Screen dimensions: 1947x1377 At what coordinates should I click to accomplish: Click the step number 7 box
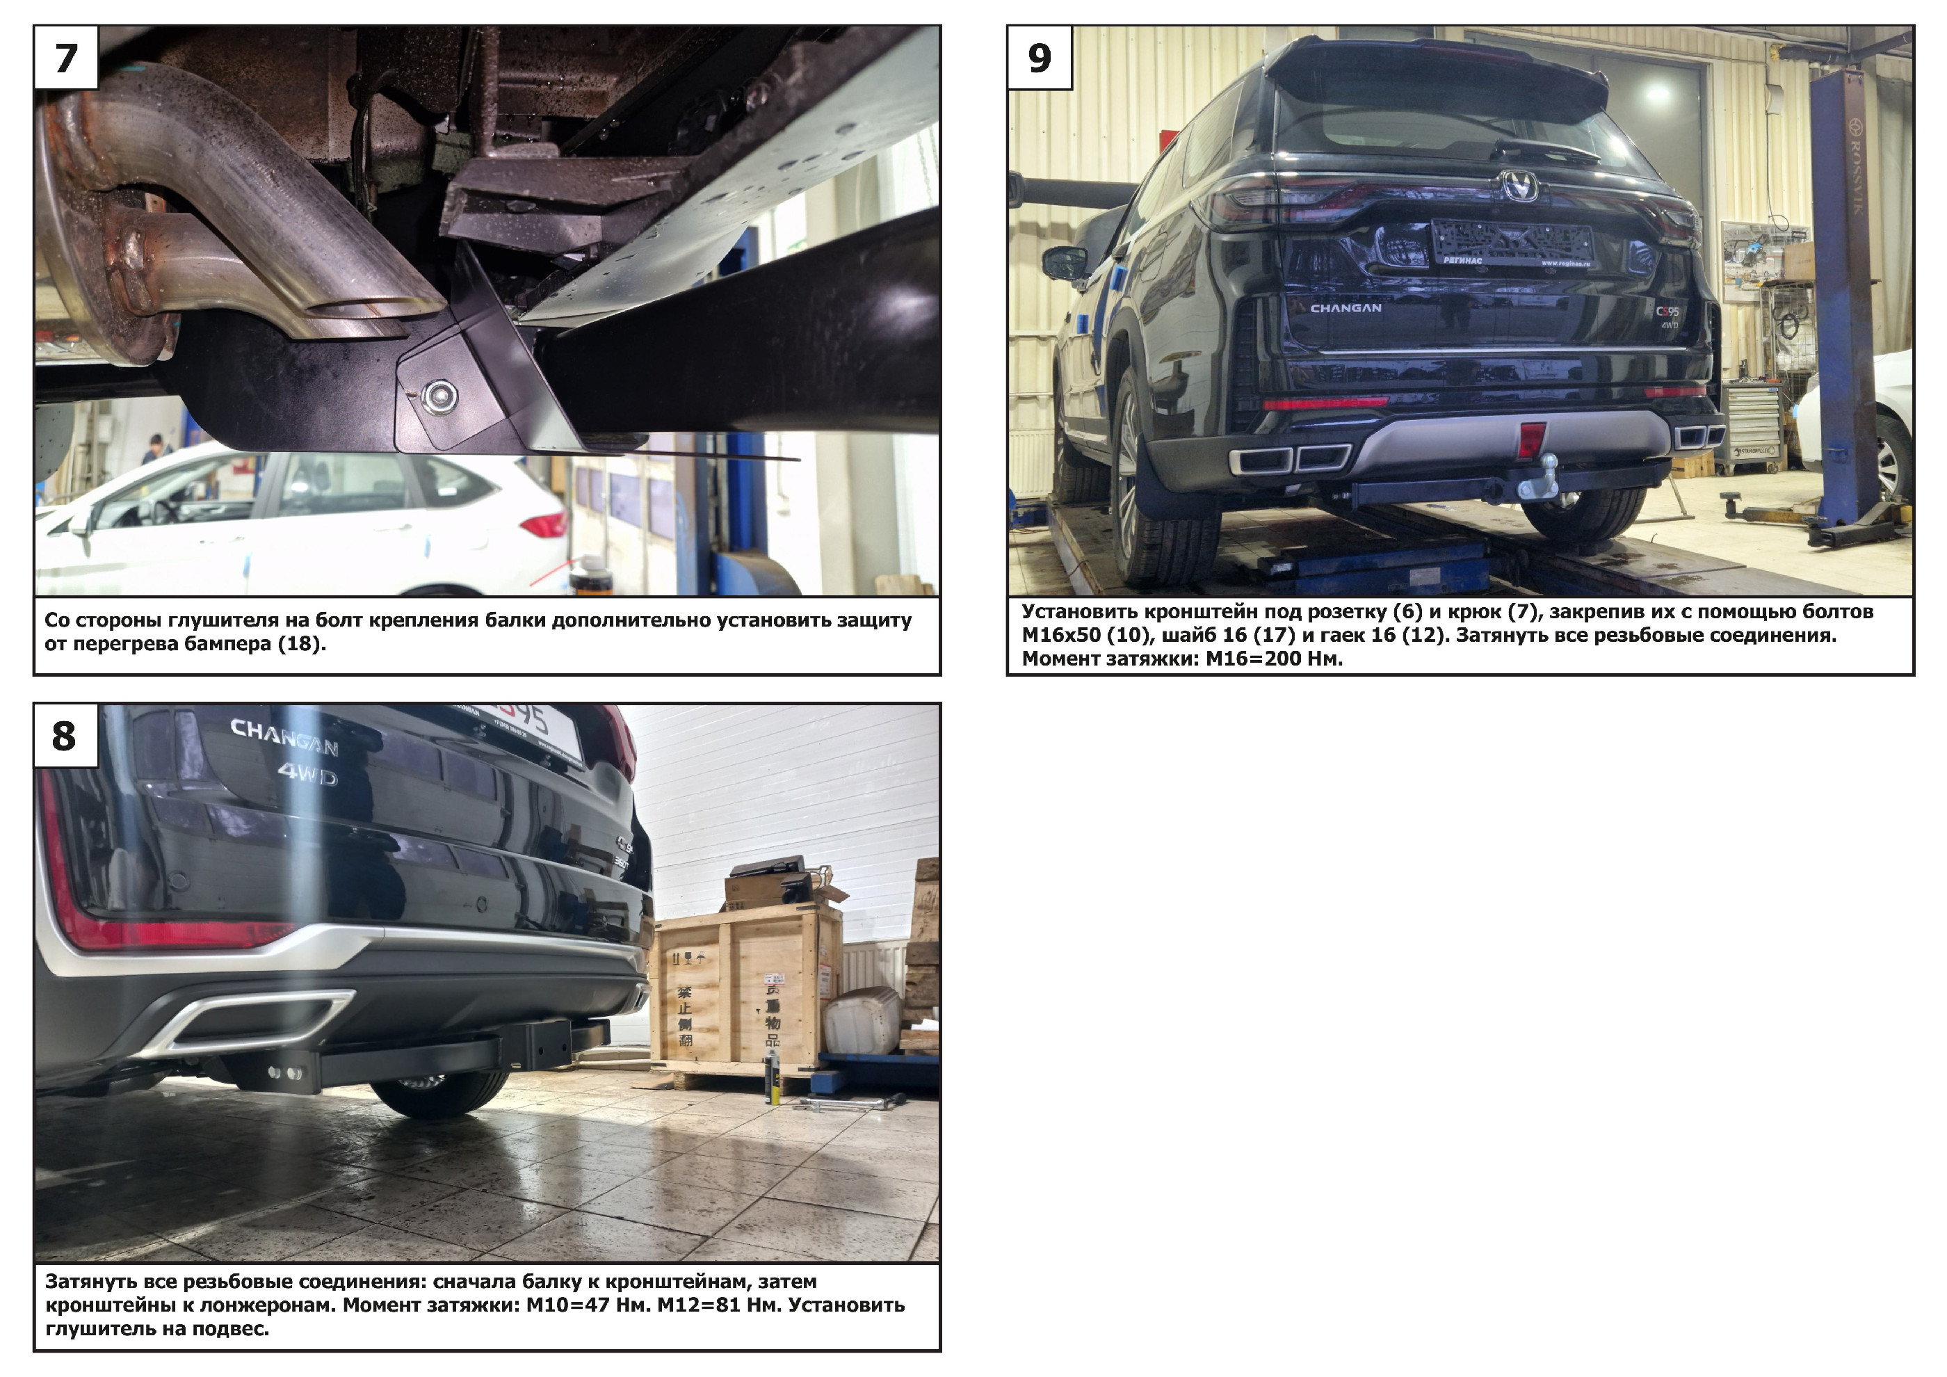point(66,58)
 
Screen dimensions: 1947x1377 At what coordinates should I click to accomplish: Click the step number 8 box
point(66,736)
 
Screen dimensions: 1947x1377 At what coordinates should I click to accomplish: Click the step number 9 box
point(1040,58)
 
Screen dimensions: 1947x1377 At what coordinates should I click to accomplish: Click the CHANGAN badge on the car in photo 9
point(1346,308)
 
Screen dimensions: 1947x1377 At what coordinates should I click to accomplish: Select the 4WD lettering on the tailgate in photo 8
point(307,775)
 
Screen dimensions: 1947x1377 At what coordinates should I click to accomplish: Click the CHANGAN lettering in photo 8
point(284,736)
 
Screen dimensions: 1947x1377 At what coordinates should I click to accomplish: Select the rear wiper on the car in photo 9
point(1544,152)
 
